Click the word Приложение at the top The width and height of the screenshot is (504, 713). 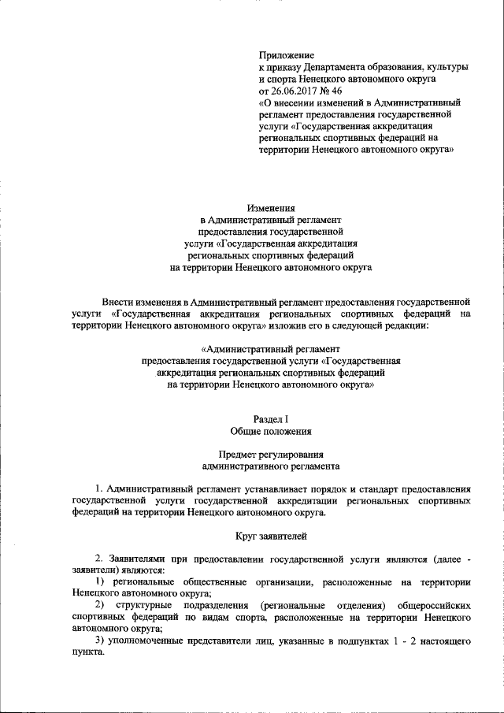click(287, 56)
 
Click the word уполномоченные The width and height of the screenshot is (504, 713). click(148, 644)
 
